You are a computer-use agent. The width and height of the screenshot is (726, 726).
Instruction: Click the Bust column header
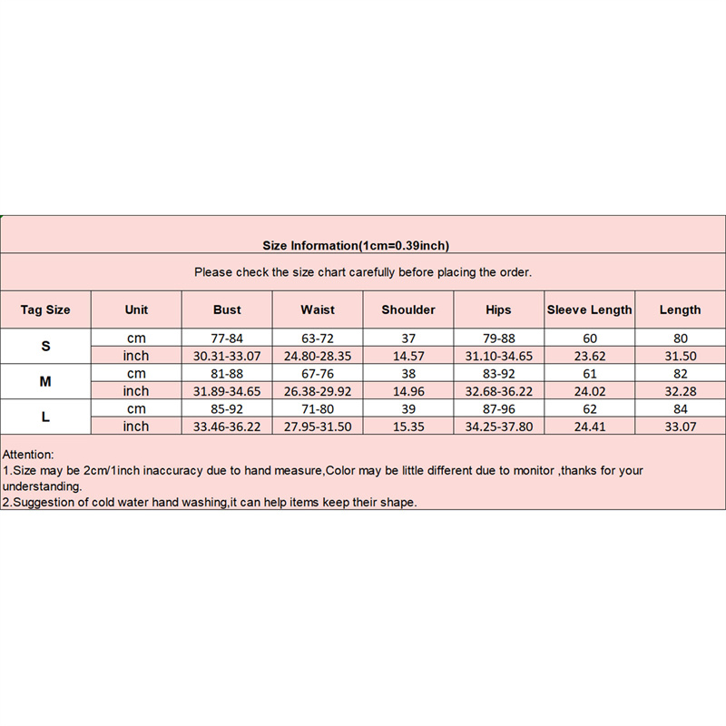click(227, 309)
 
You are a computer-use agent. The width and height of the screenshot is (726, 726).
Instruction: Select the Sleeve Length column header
click(589, 309)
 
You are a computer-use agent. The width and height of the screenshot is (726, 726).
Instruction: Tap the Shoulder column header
click(408, 309)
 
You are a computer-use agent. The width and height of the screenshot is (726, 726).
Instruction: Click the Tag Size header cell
click(45, 309)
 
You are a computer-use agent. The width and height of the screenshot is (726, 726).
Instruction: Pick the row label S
click(45, 347)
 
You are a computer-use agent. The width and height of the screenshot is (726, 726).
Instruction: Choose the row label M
click(45, 382)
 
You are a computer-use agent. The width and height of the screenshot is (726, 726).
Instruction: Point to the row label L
click(45, 417)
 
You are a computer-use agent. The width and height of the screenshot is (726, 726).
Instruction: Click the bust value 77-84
click(227, 338)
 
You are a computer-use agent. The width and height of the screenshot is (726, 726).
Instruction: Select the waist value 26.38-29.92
click(318, 391)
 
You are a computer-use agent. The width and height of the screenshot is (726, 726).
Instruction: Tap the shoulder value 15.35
click(408, 427)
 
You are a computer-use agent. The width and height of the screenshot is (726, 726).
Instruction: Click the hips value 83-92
click(498, 374)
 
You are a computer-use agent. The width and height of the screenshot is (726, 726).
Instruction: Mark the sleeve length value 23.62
click(589, 356)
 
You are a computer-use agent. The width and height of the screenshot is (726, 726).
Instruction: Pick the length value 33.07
click(680, 427)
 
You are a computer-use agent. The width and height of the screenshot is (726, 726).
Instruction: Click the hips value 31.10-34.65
click(498, 356)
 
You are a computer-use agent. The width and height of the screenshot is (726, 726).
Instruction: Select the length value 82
click(680, 374)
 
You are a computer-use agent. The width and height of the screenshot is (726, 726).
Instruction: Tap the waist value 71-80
click(318, 409)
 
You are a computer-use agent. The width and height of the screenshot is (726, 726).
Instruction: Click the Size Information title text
click(356, 245)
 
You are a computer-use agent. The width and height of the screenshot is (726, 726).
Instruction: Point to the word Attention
click(28, 453)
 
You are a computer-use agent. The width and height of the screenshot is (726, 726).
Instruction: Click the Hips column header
click(498, 309)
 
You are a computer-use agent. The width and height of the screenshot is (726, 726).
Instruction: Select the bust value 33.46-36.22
click(227, 427)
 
